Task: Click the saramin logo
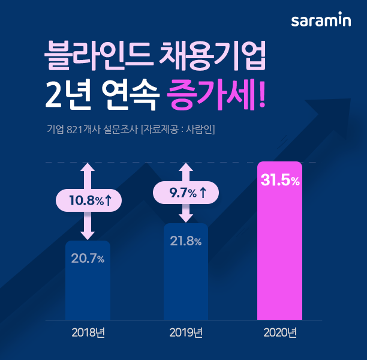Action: tap(321, 21)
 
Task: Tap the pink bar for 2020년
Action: tap(279, 252)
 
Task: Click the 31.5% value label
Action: tap(279, 180)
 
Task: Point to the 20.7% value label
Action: tap(88, 259)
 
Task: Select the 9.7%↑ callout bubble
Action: tap(186, 193)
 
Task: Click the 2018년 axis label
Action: tap(88, 332)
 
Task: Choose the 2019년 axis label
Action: tap(186, 332)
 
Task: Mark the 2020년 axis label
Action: tap(279, 332)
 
